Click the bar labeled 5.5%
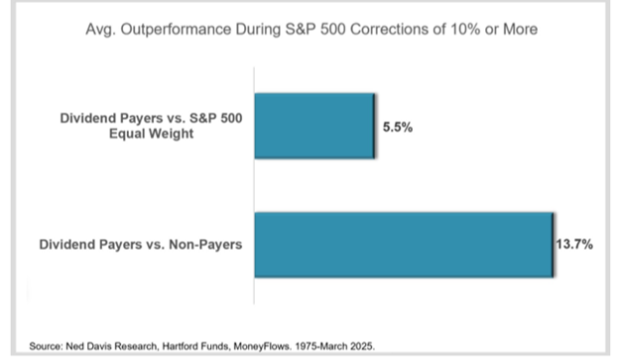[314, 126]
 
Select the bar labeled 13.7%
[404, 245]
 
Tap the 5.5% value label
[398, 127]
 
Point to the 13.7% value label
[574, 244]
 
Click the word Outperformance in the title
[176, 29]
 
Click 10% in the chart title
[465, 29]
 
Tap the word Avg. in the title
[101, 30]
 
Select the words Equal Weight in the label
[151, 134]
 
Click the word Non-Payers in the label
[205, 244]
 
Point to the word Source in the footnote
[46, 346]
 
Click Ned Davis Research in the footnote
[112, 346]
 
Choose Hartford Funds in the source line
[195, 346]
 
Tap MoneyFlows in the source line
[262, 346]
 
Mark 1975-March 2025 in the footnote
[334, 346]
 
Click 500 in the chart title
[333, 29]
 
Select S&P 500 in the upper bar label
[216, 118]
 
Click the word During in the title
[258, 29]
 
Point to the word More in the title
[521, 29]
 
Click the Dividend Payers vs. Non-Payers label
[141, 244]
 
